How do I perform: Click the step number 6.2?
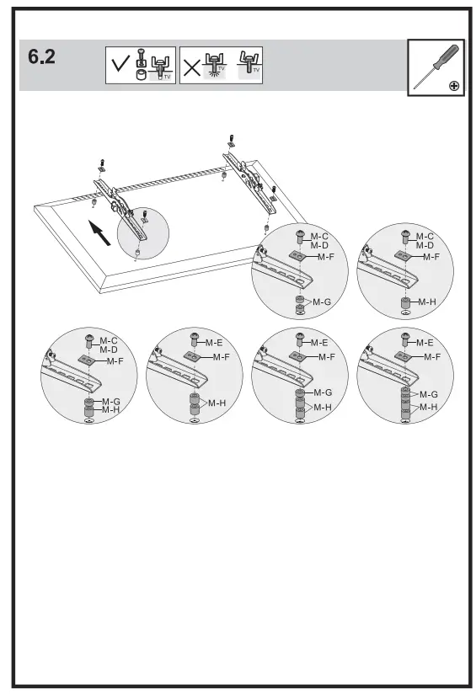click(42, 58)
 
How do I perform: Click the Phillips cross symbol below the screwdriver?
click(455, 85)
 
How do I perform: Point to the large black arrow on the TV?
click(100, 232)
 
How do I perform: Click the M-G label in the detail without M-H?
click(322, 302)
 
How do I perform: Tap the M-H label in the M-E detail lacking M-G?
click(217, 403)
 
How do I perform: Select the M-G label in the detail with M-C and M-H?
click(111, 402)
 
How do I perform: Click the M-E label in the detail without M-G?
click(214, 343)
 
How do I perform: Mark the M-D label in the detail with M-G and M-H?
click(109, 350)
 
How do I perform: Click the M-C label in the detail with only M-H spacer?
click(425, 237)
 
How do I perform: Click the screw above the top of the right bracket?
click(233, 139)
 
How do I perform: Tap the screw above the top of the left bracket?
click(101, 162)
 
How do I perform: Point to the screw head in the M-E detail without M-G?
click(195, 339)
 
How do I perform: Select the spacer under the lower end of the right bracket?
click(266, 227)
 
